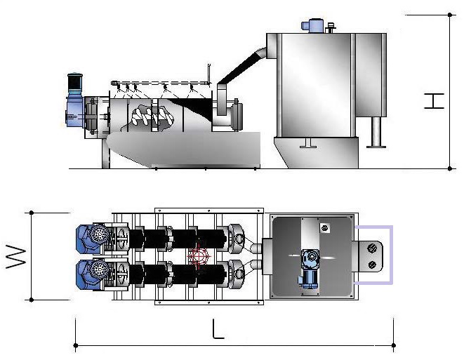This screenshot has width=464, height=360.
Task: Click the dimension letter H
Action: pos(434,101)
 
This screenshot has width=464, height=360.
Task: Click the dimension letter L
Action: pos(218,328)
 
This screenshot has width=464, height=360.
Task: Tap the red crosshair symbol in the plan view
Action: pos(199,256)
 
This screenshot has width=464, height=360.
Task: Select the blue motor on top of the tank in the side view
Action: pos(312,25)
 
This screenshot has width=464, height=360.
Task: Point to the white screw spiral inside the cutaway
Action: pos(152,116)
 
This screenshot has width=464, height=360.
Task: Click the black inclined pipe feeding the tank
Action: pos(240,67)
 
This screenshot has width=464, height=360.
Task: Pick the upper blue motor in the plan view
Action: pos(91,239)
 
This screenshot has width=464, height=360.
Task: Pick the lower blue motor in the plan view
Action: pos(91,274)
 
